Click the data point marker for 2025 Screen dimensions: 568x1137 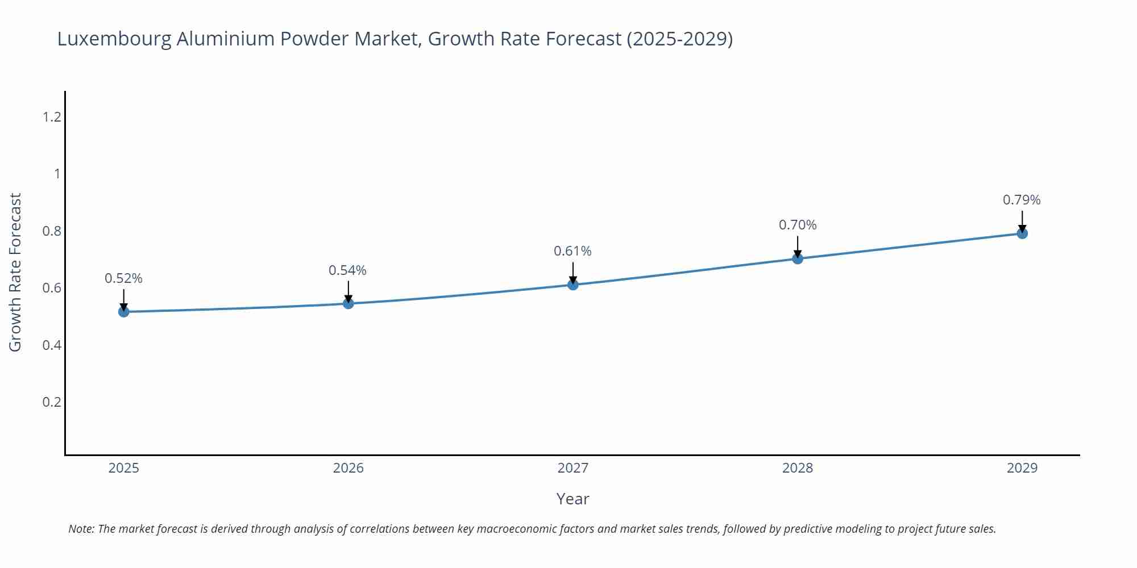123,311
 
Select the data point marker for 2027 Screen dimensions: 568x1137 573,285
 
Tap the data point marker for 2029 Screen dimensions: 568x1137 1022,233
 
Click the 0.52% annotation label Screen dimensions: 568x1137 123,278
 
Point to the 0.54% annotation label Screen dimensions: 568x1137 348,270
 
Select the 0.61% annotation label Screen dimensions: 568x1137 573,251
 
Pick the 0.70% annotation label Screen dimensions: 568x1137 798,225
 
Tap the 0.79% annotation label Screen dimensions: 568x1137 1022,200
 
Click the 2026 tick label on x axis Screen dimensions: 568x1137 348,468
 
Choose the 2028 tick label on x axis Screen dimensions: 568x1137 798,468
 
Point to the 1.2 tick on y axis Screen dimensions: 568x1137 52,117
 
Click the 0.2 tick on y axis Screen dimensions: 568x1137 52,402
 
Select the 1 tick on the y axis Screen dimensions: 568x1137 57,174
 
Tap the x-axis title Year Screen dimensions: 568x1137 572,499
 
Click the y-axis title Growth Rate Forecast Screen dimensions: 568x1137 16,273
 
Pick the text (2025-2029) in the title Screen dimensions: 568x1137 679,39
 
